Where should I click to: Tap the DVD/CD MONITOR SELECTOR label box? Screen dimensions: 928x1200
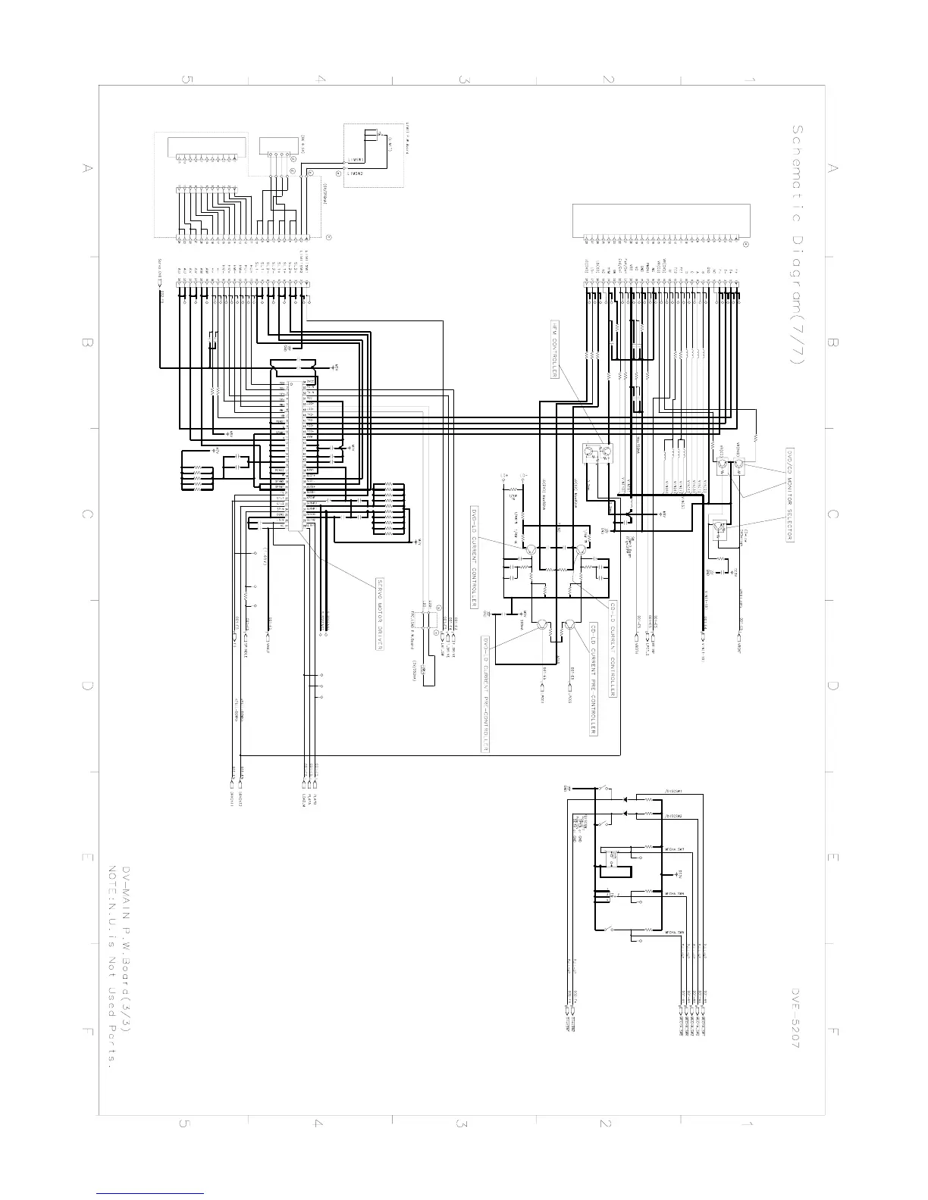pyautogui.click(x=788, y=493)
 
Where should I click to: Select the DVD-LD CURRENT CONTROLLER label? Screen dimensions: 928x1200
pyautogui.click(x=474, y=557)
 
